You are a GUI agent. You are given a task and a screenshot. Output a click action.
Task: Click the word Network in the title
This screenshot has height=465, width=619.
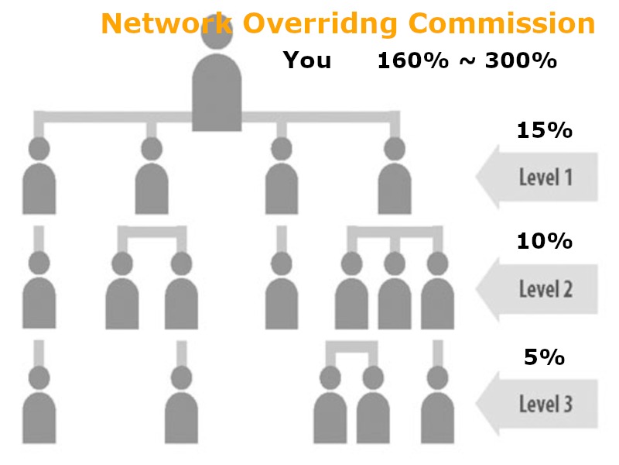[x=166, y=23]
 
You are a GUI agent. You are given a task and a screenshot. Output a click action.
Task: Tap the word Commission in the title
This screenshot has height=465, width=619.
[x=501, y=23]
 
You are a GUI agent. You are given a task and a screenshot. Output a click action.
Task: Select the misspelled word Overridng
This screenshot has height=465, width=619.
[x=320, y=25]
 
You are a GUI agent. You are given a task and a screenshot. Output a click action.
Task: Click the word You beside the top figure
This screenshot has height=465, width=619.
[x=306, y=60]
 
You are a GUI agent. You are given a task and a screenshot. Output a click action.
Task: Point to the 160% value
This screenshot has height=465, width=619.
[x=413, y=61]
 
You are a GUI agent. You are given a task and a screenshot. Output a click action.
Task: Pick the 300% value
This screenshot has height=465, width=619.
[x=521, y=61]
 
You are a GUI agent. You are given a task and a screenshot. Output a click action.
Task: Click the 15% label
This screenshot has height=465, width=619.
[x=545, y=130]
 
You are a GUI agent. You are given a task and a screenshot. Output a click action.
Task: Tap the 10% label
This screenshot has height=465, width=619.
[x=545, y=241]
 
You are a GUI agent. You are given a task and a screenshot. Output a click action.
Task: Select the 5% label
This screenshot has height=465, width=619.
[x=545, y=357]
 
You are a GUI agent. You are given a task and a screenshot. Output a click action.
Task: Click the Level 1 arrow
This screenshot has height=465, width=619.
[x=537, y=177]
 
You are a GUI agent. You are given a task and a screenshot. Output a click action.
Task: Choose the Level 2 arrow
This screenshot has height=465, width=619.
[x=537, y=289]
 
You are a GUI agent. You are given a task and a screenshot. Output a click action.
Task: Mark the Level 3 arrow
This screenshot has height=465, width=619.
[x=537, y=404]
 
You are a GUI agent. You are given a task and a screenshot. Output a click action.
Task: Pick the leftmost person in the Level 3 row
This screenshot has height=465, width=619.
[x=39, y=405]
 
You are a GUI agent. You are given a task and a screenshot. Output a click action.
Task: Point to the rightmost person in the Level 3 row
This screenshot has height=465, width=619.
[x=437, y=405]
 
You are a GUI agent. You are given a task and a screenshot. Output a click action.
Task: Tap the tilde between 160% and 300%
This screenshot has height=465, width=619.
[x=467, y=62]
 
